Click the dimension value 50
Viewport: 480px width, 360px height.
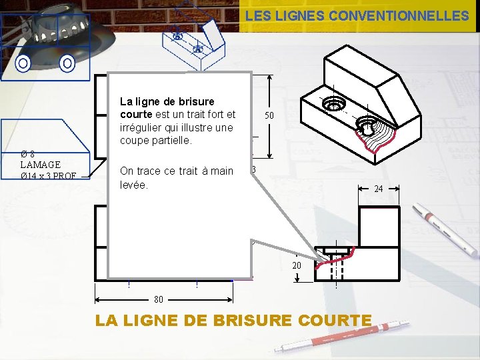pyautogui.click(x=269, y=115)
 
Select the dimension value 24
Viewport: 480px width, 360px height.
pyautogui.click(x=378, y=189)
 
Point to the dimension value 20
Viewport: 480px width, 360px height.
pyautogui.click(x=297, y=265)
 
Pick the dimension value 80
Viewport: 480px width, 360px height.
pyautogui.click(x=159, y=299)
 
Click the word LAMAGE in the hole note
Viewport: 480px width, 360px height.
pyautogui.click(x=40, y=165)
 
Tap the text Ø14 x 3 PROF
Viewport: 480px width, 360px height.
pyautogui.click(x=48, y=176)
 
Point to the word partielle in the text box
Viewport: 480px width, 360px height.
pyautogui.click(x=170, y=141)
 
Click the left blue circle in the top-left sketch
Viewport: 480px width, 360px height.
pyautogui.click(x=23, y=63)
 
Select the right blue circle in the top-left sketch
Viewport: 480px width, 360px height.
pyautogui.click(x=67, y=63)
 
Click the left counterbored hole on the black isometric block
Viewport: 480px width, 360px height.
pyautogui.click(x=333, y=103)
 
